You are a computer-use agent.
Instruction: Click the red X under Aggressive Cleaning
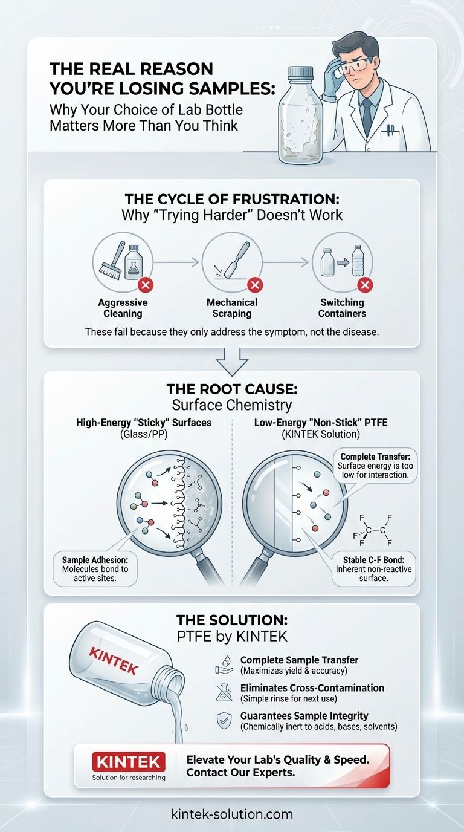(x=146, y=285)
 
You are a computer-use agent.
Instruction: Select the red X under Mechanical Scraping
(x=255, y=285)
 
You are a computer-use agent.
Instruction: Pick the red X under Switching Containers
(x=365, y=285)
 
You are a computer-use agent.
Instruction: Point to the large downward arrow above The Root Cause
(x=232, y=362)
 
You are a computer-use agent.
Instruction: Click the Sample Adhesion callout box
(x=95, y=569)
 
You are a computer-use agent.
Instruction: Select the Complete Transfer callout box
(x=375, y=466)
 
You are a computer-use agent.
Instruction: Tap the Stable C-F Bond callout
(x=373, y=568)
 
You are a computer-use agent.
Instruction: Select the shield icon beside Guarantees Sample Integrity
(x=224, y=721)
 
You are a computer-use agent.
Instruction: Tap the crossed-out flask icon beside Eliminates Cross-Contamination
(x=224, y=692)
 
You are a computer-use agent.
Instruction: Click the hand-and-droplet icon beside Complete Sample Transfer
(x=224, y=665)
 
